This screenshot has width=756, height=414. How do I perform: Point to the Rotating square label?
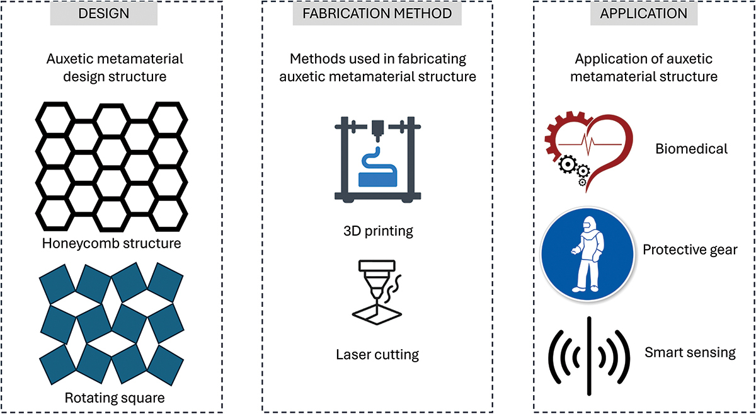click(x=115, y=398)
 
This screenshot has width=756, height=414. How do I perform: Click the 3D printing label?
click(x=377, y=231)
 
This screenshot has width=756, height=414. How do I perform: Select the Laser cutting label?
click(x=377, y=354)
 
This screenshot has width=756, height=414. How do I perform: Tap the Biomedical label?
click(x=691, y=149)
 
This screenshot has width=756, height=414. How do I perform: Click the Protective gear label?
click(x=690, y=250)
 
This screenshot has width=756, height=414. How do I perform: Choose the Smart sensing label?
click(x=690, y=352)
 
